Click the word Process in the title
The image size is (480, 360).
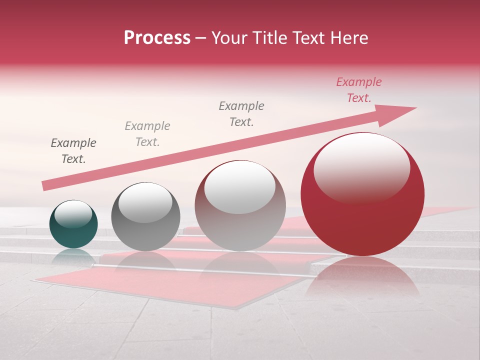[x=157, y=38]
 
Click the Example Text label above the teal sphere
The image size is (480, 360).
[x=73, y=151]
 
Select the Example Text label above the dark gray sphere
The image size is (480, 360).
[x=147, y=134]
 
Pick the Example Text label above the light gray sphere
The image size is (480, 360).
[x=241, y=113]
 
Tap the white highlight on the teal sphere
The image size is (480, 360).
[x=73, y=214]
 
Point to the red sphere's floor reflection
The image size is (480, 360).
[x=362, y=277]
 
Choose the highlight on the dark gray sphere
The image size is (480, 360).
[x=145, y=202]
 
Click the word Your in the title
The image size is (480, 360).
[x=228, y=38]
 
